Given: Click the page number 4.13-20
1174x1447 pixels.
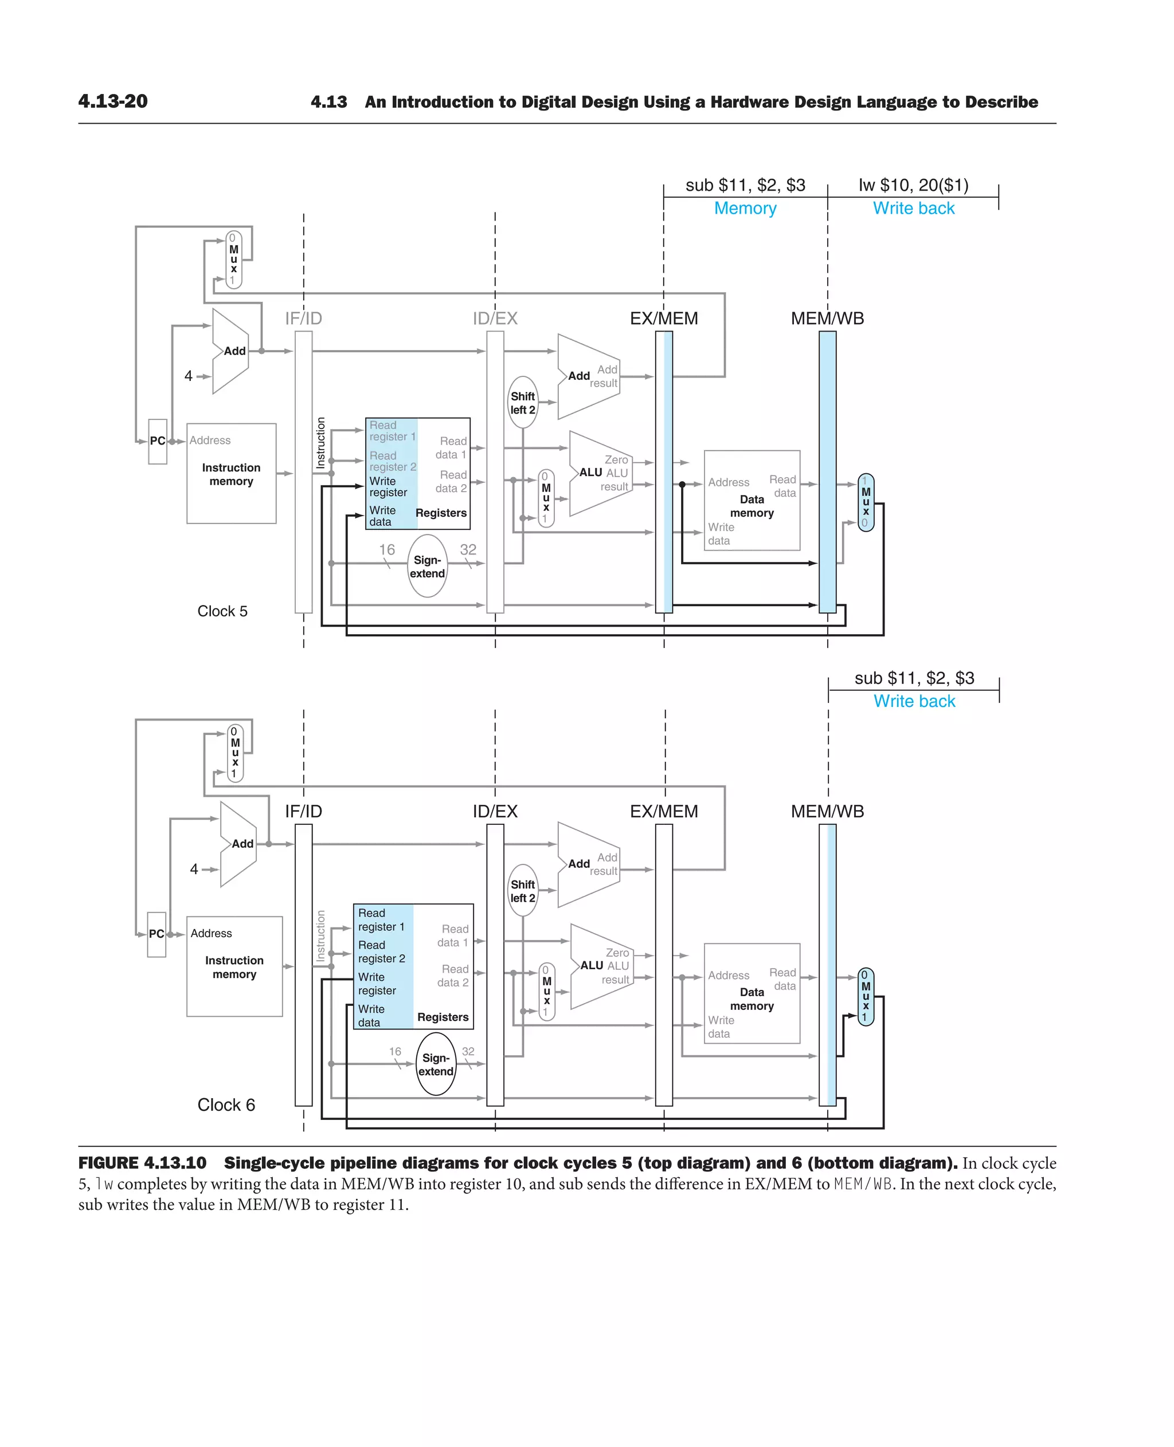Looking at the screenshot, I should click(113, 101).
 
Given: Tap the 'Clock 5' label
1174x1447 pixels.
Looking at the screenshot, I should click(222, 611).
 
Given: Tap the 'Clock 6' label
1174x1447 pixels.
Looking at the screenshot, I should click(226, 1104).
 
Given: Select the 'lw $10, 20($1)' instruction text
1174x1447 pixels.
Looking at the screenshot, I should click(913, 185).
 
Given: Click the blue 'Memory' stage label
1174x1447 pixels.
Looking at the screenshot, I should click(745, 208).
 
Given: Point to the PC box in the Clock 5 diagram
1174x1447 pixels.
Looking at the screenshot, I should click(158, 441).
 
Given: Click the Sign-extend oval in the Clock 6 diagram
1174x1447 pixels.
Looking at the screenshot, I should click(436, 1064).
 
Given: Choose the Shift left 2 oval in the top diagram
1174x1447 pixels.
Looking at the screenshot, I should click(523, 403).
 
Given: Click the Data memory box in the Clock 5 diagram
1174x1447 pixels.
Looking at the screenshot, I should click(752, 501).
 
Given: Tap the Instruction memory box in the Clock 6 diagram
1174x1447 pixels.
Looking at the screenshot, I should click(234, 966).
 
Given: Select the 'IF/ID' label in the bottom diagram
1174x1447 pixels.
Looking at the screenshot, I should click(303, 811).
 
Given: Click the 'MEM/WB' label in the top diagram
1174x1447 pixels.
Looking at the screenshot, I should click(827, 319).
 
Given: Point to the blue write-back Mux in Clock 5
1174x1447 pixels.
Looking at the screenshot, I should click(866, 502).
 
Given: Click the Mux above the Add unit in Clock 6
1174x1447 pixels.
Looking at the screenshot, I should click(234, 752).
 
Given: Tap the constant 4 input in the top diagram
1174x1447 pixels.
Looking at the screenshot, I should click(189, 376).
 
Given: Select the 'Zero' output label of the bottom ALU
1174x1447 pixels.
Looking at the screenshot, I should click(617, 952).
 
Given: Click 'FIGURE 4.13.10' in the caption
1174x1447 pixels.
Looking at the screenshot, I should click(142, 1162).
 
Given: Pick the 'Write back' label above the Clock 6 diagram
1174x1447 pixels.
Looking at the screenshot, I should click(914, 701).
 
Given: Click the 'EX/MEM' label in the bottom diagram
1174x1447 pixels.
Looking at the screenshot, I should click(663, 811).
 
